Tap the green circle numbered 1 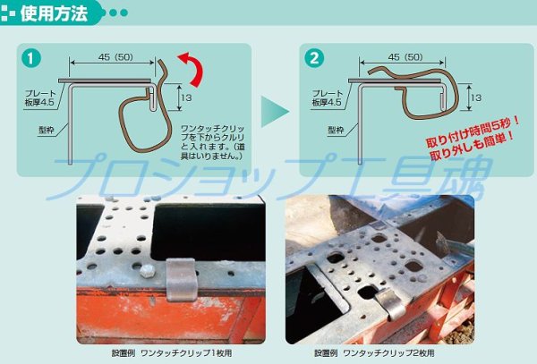[x=33, y=59]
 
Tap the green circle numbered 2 [x=314, y=59]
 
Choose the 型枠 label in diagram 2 [x=337, y=131]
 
